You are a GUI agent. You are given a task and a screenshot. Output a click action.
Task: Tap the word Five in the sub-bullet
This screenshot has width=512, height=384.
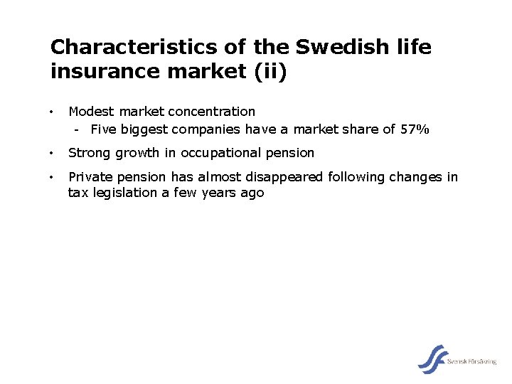tap(104, 129)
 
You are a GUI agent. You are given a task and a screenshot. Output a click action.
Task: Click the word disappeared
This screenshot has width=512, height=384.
tap(283, 177)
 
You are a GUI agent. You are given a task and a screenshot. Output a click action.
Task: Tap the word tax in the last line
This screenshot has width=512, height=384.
tap(77, 193)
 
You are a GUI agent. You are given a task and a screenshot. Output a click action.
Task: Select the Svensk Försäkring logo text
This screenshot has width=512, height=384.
tap(472, 362)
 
